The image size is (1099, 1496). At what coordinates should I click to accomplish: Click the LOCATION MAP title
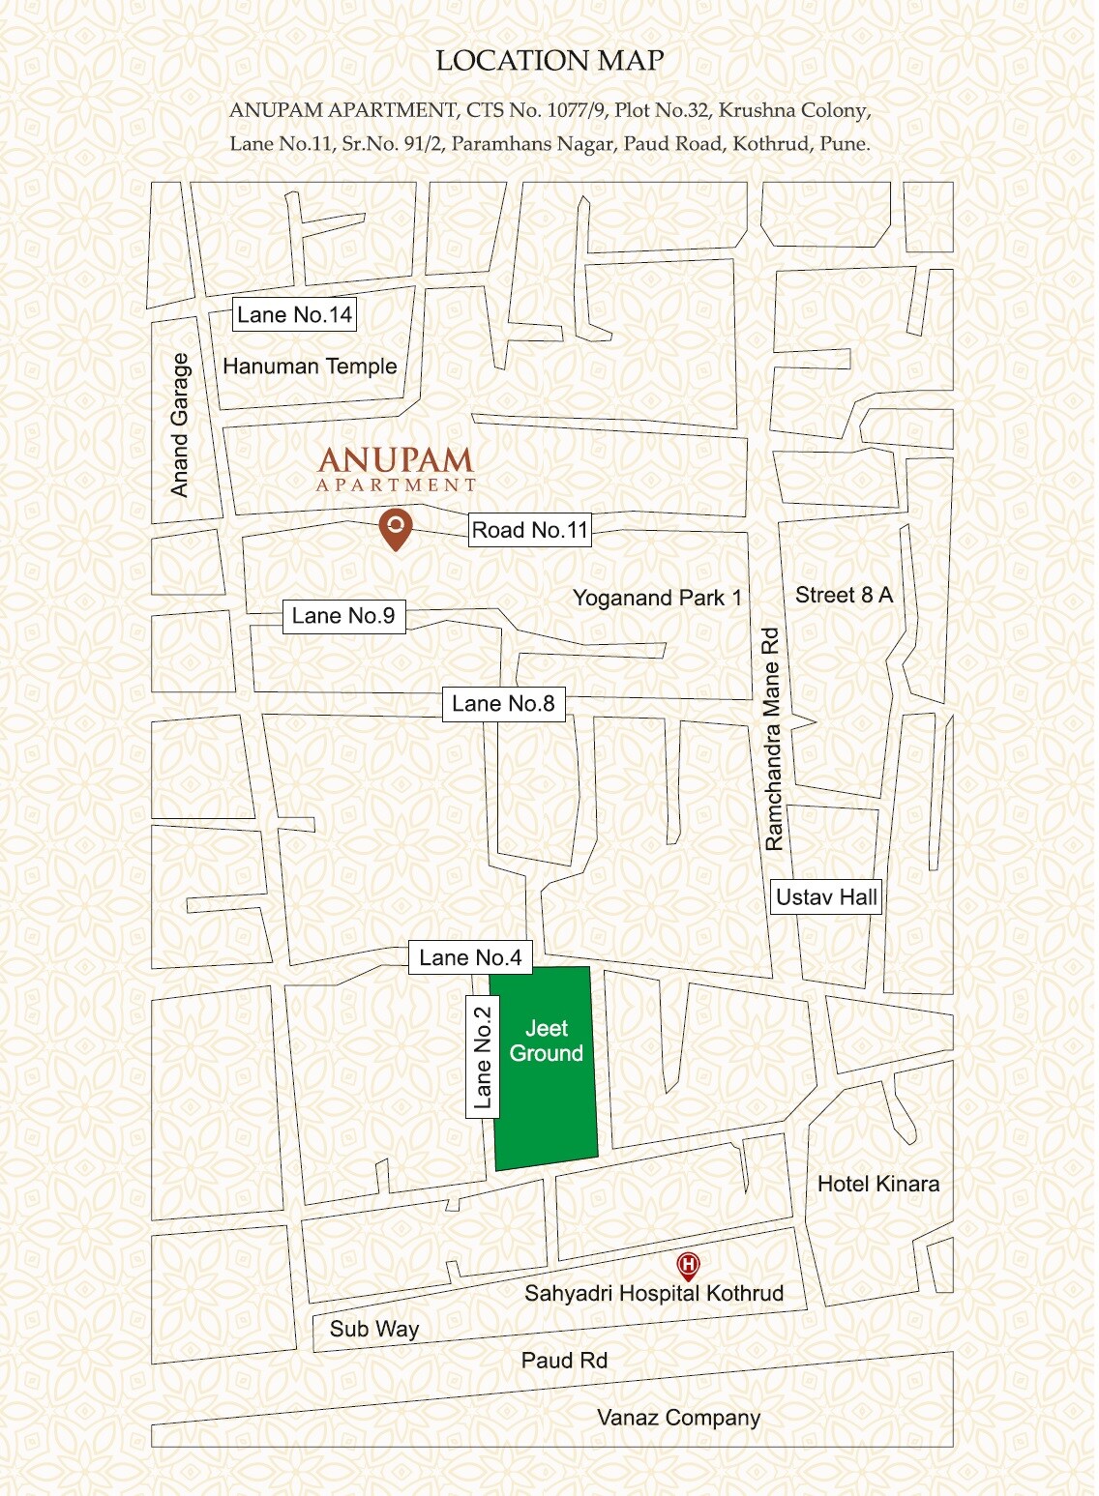coord(549,61)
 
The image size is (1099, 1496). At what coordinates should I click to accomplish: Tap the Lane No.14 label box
coord(294,315)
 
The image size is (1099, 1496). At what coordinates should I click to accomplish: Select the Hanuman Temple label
coord(310,367)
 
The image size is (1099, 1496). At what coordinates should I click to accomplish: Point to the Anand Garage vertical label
coord(180,425)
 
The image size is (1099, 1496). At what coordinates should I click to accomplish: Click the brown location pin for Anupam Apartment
coord(395,528)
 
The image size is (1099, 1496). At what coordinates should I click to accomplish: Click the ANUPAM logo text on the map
coord(396,460)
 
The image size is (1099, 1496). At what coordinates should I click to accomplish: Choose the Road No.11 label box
coord(529,530)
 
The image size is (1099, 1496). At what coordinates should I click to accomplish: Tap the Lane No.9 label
coord(342,616)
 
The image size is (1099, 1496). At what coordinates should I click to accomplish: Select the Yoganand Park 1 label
coord(657,598)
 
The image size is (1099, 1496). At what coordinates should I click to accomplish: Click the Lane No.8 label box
coord(503,704)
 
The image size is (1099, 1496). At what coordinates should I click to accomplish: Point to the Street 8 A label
coord(844,595)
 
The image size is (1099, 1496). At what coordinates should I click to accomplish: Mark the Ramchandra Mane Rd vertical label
coord(772,739)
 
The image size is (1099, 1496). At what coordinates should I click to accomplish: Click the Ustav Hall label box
coord(826,897)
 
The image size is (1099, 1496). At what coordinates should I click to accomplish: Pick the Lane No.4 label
coord(469,957)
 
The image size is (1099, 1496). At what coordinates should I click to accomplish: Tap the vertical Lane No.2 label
coord(482,1057)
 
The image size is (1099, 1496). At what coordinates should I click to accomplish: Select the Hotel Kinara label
coord(878,1184)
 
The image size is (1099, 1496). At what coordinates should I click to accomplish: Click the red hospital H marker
coord(688,1265)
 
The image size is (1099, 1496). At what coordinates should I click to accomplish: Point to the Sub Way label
coord(373,1329)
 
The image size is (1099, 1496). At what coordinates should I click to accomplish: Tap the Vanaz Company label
coord(678,1418)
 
